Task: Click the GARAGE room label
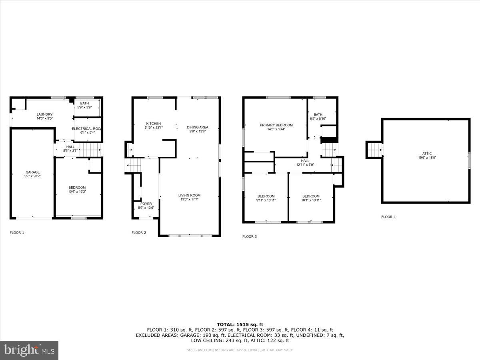pos(33,172)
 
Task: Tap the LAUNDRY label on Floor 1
pos(44,114)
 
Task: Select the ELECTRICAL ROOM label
pos(86,128)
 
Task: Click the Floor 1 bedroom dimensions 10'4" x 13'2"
pos(77,192)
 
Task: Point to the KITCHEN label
pos(153,124)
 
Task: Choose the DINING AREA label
pos(198,127)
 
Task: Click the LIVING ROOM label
pos(189,195)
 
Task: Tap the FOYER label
pos(146,204)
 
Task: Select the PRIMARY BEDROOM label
pos(276,125)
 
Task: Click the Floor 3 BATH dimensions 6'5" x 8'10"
pos(318,119)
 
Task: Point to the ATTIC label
pos(426,154)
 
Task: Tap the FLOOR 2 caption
pos(139,232)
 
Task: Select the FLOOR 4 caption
pos(388,217)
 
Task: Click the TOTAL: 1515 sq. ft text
pos(240,324)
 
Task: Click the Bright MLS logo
pos(29,350)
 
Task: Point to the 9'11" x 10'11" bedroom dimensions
pos(266,200)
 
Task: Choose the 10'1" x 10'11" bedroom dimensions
pos(311,200)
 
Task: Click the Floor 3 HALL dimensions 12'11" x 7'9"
pos(305,164)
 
